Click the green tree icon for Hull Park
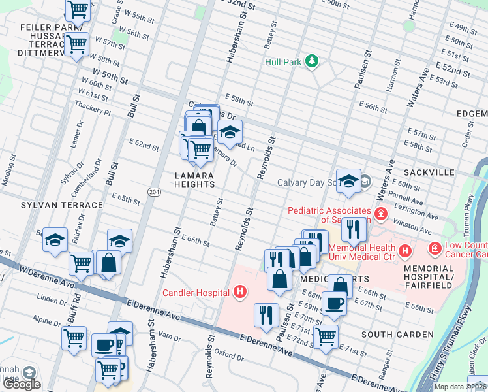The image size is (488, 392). pos(313,62)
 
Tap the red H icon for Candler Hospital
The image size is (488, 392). pos(241,291)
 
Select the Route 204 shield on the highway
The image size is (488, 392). pos(153,191)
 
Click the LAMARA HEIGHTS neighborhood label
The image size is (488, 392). pos(194,180)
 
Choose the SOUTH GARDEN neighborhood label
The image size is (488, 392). pos(397,335)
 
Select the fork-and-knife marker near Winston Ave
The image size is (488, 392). pos(354,229)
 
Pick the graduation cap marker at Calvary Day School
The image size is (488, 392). pos(348,180)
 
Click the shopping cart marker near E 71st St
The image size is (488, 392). pos(326,336)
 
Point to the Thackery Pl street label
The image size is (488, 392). pos(93,108)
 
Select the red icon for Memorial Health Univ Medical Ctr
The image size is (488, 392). pos(405,250)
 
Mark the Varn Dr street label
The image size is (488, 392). pos(168,337)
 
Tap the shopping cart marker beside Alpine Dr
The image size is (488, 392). pos(74,338)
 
